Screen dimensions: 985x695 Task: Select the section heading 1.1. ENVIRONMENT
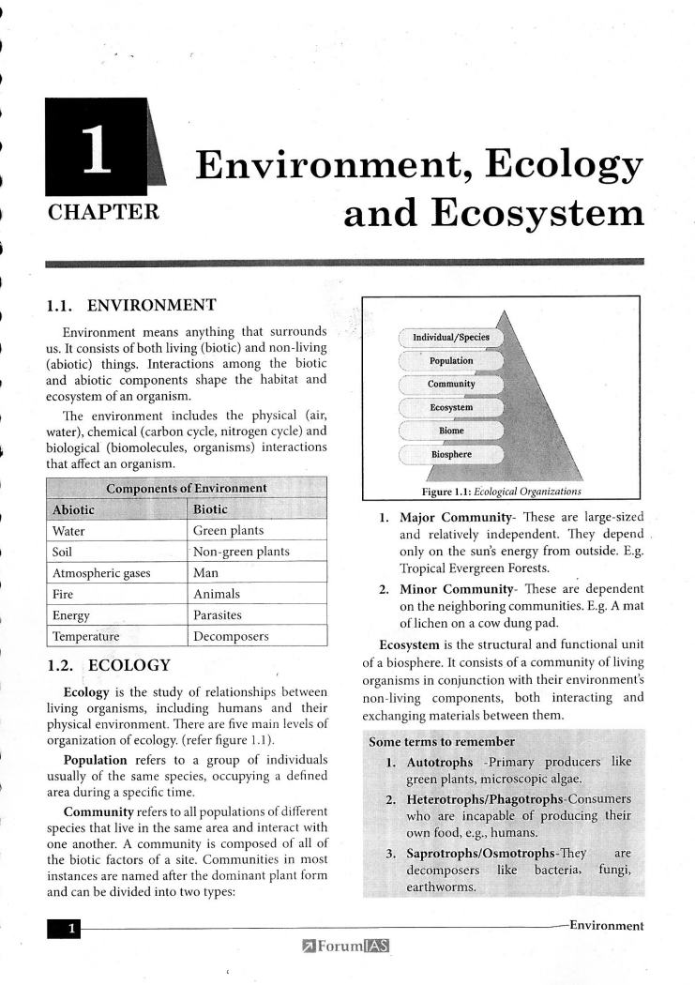click(x=131, y=305)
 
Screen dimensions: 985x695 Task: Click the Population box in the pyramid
click(x=451, y=361)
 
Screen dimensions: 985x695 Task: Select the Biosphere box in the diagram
click(x=451, y=455)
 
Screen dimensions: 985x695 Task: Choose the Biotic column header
click(x=210, y=509)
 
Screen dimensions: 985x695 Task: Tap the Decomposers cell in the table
click(x=231, y=636)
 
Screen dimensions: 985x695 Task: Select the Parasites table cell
click(x=217, y=615)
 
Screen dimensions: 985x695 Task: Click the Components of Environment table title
click(x=186, y=488)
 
